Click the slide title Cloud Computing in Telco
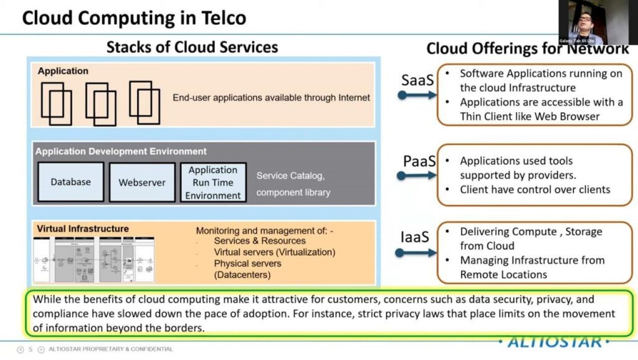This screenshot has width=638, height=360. (x=134, y=17)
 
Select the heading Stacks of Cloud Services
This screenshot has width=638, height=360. (x=192, y=47)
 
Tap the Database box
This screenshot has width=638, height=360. (x=70, y=182)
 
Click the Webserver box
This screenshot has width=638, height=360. (x=141, y=182)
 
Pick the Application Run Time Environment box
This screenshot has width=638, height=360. (x=213, y=182)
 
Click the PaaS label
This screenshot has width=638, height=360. (x=419, y=161)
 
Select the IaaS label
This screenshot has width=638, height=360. (x=415, y=237)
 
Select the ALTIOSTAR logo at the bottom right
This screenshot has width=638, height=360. (x=550, y=341)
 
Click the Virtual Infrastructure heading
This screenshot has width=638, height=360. (x=83, y=229)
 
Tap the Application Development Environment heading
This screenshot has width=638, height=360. (x=121, y=151)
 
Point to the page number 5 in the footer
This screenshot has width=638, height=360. (x=30, y=349)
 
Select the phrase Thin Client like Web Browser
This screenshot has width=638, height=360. (x=530, y=116)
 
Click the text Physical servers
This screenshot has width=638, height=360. (x=247, y=263)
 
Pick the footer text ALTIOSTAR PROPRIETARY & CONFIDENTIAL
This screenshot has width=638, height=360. (x=111, y=349)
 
